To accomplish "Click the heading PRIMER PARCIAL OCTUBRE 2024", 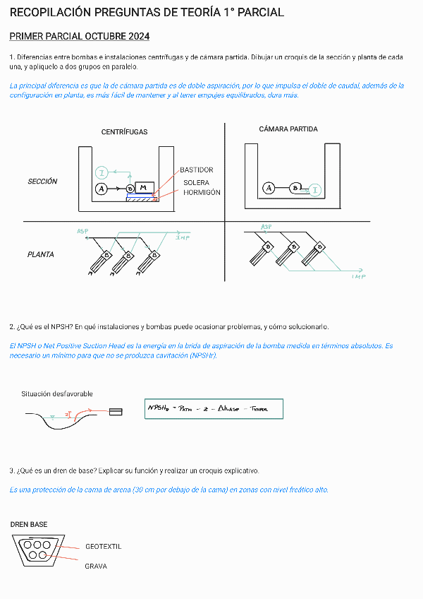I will [79, 36].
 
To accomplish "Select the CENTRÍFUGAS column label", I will [124, 132].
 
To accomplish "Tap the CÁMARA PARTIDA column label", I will [288, 129].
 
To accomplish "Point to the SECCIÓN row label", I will [42, 182].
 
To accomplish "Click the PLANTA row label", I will [41, 254].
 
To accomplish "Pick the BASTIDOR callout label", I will [196, 170].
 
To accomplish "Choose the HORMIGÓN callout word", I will [202, 192].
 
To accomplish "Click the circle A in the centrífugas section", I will [102, 189].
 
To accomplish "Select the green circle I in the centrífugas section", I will [102, 172].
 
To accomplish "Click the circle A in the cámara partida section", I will [269, 188].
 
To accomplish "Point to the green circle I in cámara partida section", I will [315, 189].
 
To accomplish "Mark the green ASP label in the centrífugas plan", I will [83, 232].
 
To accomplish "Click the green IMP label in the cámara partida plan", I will [358, 277].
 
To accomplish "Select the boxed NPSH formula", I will [214, 408].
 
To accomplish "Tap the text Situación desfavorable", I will [57, 394].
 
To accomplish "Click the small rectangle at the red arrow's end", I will [115, 411].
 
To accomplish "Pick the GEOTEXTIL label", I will [104, 547].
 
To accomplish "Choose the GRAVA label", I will [96, 567].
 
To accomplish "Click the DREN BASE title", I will [29, 525].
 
